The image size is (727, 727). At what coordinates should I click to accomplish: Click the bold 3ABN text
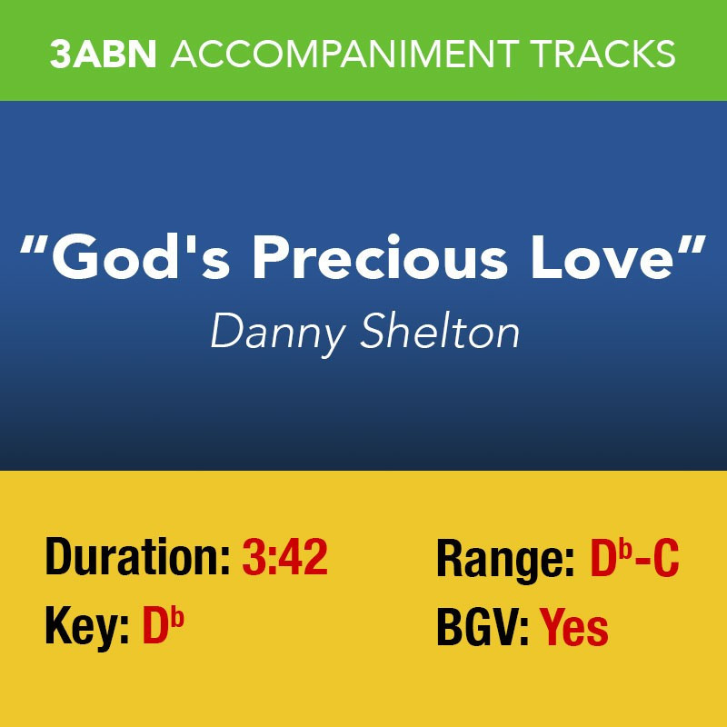click(x=103, y=54)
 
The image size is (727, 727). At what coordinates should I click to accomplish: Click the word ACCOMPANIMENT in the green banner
click(x=345, y=54)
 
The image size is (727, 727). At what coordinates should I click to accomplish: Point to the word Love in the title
click(x=602, y=258)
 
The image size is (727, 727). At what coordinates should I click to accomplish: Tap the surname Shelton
click(x=440, y=330)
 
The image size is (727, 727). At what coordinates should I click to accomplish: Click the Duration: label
click(x=138, y=556)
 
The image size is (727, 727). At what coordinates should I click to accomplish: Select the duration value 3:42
click(x=285, y=556)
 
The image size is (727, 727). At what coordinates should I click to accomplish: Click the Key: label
click(x=86, y=626)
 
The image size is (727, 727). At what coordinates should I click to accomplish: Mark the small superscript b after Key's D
click(x=177, y=618)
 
